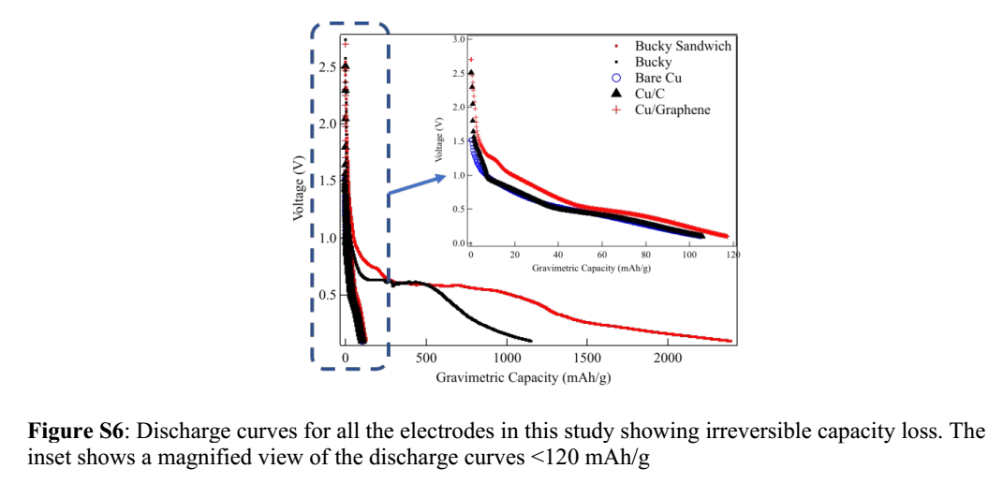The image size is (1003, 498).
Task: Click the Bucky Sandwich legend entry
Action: (x=683, y=46)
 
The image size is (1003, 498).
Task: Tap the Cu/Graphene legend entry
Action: (x=671, y=110)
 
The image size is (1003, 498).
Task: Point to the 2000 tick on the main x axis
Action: (x=667, y=358)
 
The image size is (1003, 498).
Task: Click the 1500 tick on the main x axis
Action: (x=587, y=358)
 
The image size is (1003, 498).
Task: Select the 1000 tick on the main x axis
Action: (x=507, y=358)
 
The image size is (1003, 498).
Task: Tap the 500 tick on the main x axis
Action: (x=426, y=358)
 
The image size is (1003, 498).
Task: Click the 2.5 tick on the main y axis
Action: (x=328, y=67)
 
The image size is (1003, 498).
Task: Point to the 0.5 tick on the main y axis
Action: (x=328, y=295)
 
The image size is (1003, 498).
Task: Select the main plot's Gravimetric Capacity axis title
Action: (x=524, y=377)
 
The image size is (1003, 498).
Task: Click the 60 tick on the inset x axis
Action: (x=602, y=255)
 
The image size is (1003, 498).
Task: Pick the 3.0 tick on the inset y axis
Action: (x=457, y=39)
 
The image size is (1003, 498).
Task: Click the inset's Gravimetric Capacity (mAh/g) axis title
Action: (x=591, y=268)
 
